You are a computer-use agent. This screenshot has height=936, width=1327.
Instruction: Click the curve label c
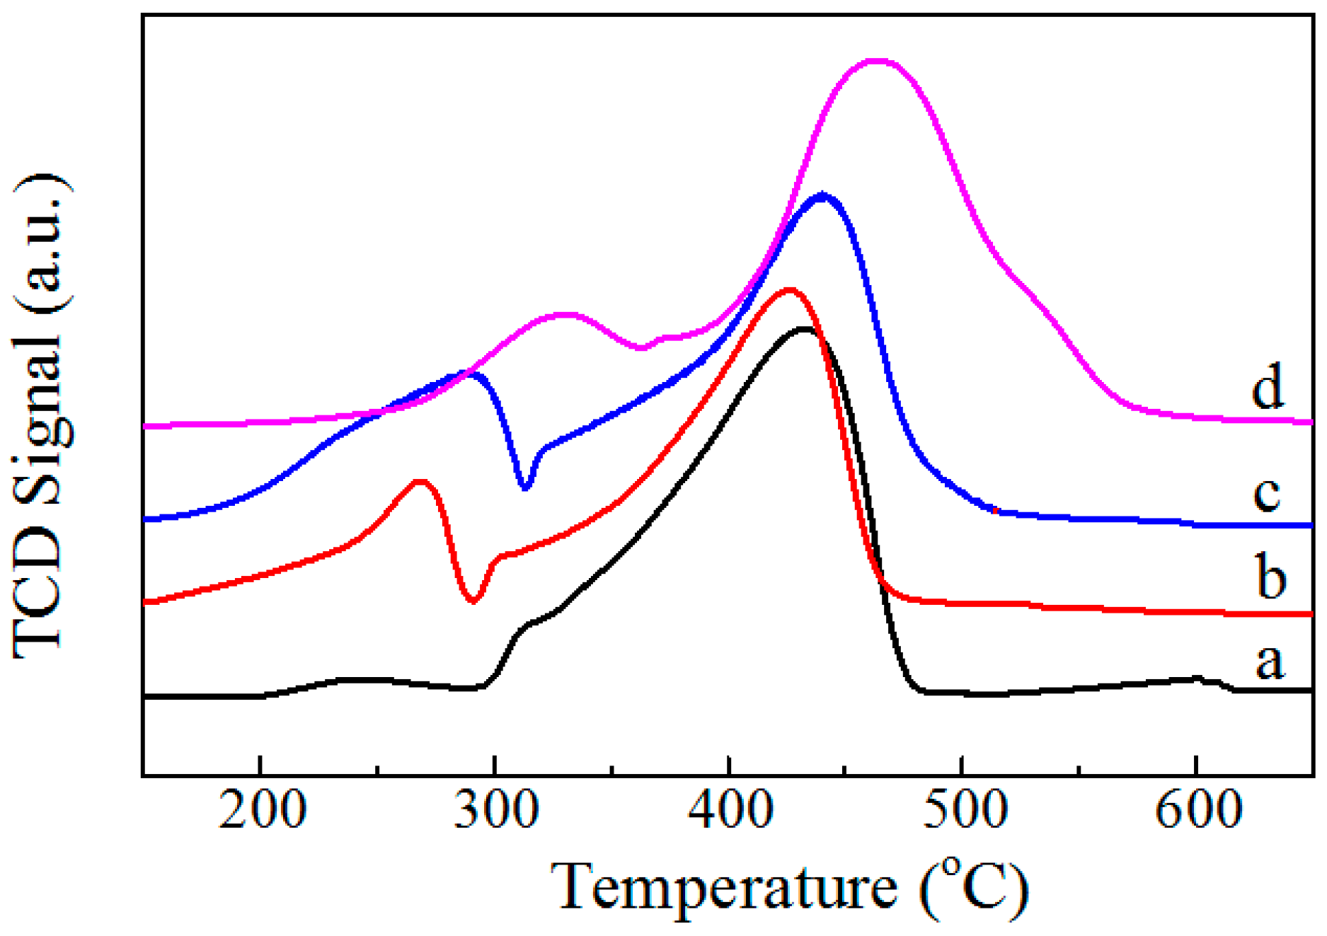click(1267, 493)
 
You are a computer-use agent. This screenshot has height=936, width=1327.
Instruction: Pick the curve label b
click(1270, 577)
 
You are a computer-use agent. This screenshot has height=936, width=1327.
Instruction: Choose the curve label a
click(1270, 661)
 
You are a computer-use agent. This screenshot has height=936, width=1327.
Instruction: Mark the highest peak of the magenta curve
click(876, 61)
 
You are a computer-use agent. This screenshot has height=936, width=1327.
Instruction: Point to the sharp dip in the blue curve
click(525, 487)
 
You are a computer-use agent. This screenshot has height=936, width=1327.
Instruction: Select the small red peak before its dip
click(420, 482)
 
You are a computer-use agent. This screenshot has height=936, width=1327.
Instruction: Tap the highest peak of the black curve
click(803, 329)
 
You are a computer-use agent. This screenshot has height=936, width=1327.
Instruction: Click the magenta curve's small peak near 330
click(565, 314)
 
